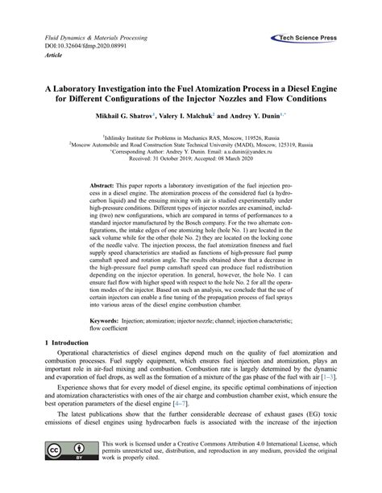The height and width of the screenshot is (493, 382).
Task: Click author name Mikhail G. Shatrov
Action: pos(128,117)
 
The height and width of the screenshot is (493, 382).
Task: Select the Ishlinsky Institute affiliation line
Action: pos(191,138)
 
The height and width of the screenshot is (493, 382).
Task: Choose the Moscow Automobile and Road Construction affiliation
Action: pos(191,145)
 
